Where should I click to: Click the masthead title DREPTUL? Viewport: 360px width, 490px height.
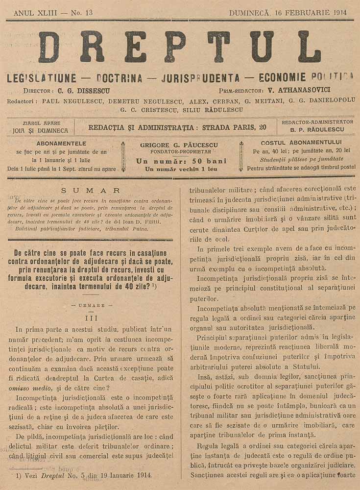179,47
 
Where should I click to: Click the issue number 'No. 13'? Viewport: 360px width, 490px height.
78,12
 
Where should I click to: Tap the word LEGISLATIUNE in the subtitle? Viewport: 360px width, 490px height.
42,77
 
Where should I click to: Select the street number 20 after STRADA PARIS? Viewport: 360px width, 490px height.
263,127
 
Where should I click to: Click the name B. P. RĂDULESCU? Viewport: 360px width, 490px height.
317,130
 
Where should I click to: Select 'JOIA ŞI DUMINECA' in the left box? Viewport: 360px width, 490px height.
41,131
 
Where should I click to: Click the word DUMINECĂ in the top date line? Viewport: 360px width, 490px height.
249,12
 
